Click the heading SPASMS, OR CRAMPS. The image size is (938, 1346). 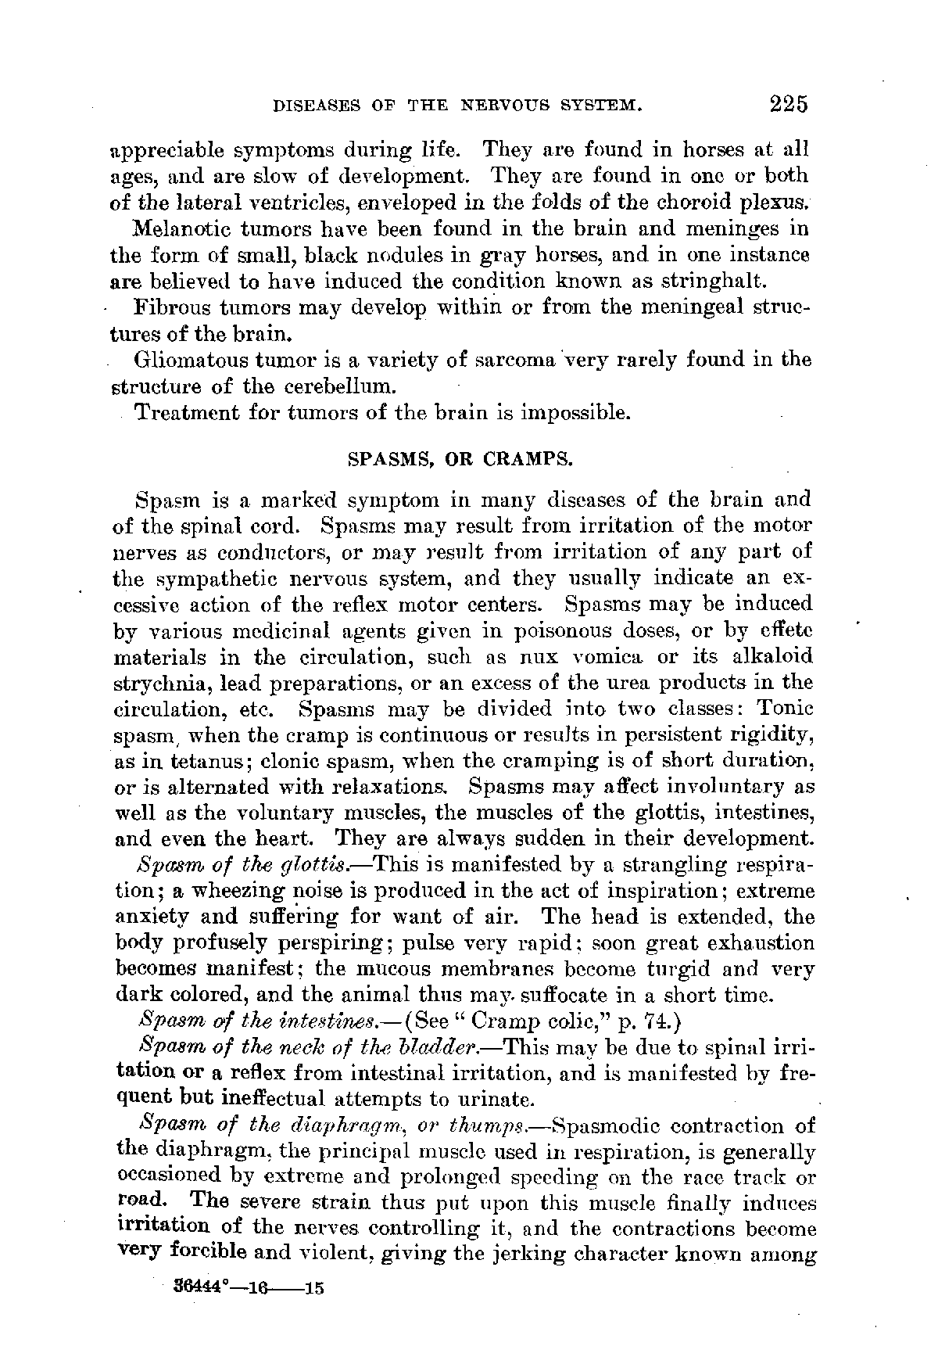pos(460,459)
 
